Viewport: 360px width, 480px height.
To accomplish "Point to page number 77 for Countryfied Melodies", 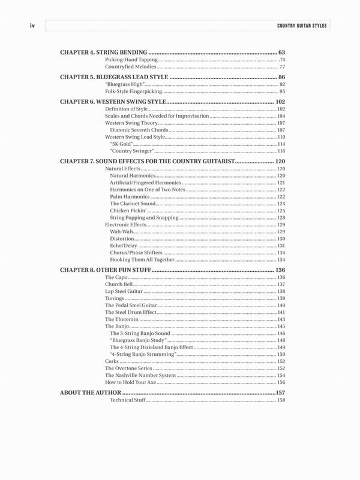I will [x=282, y=68].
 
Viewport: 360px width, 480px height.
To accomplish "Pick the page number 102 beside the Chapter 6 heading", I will [x=280, y=103].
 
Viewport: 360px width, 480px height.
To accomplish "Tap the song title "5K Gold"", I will [x=121, y=145].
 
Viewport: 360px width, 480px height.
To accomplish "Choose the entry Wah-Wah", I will [x=119, y=232].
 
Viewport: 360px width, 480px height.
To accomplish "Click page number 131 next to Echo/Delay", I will [x=281, y=246].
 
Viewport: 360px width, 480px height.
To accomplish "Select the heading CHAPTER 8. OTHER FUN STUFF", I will [x=105, y=271].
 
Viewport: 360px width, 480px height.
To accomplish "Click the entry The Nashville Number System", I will [x=140, y=375].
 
